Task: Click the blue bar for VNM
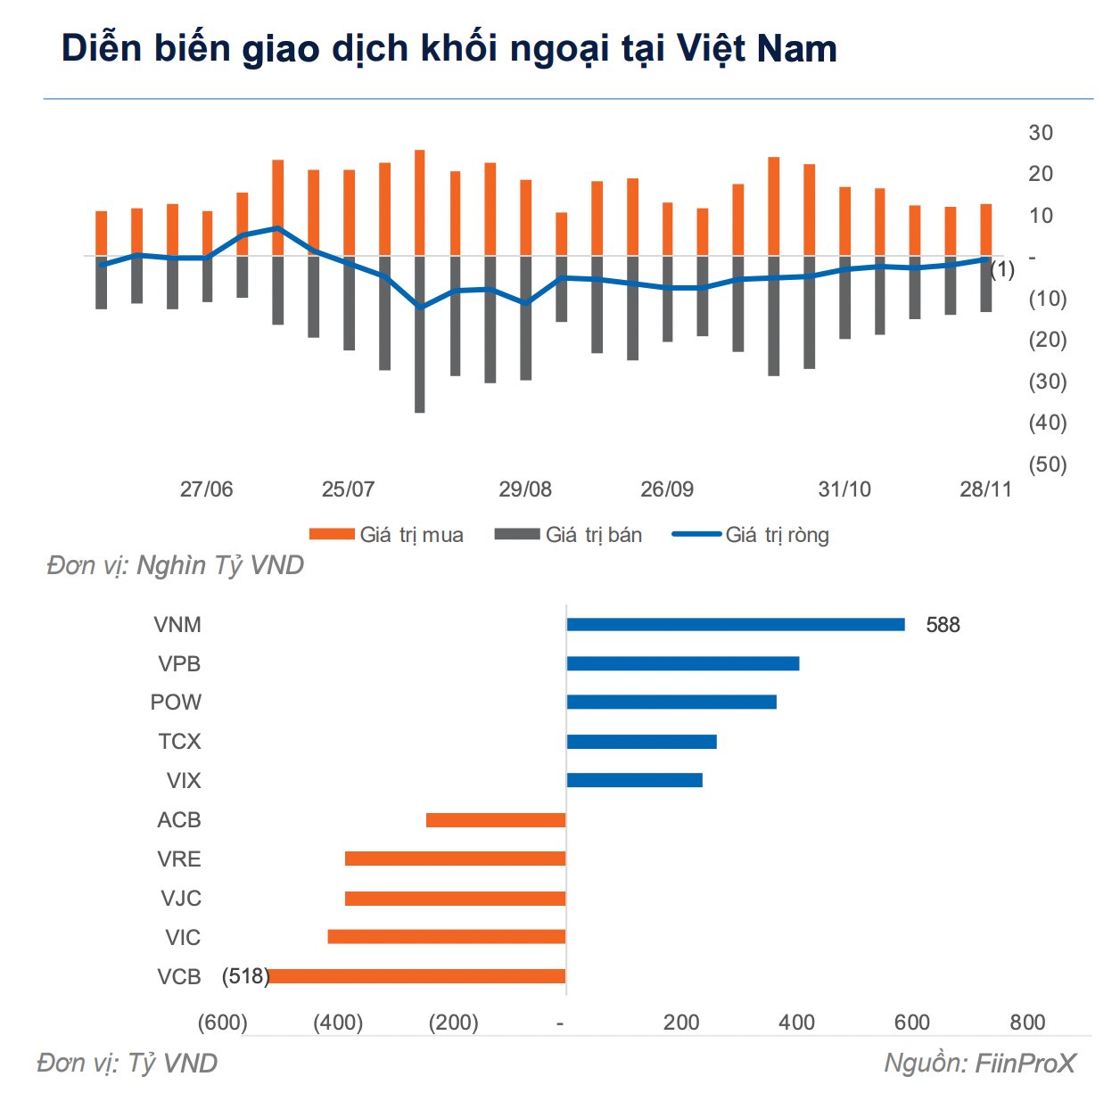(736, 624)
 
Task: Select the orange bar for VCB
(416, 976)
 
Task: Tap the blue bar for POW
(671, 702)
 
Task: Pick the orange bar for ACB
(496, 819)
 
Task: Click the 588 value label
(943, 625)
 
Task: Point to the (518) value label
(245, 976)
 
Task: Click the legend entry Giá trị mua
(411, 535)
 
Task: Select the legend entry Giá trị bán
(593, 535)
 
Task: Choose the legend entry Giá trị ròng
(777, 535)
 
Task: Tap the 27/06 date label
(206, 489)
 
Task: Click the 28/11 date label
(985, 489)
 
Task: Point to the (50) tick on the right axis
(1048, 464)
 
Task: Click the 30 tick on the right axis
(1041, 133)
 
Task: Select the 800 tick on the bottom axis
(1027, 1023)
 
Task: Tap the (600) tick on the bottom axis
(222, 1023)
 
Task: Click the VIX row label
(184, 781)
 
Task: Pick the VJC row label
(181, 899)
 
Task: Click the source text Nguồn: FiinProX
(980, 1064)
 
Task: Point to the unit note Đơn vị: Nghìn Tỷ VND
(176, 565)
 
